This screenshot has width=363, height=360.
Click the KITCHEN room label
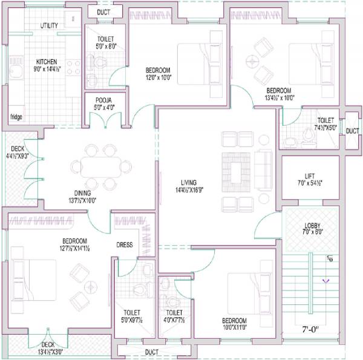[46, 62]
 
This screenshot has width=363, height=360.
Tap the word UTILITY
[50, 25]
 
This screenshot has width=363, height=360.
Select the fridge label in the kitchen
[16, 117]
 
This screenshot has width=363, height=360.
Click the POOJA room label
[102, 99]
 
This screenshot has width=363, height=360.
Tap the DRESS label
[125, 245]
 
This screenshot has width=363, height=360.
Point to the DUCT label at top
[103, 11]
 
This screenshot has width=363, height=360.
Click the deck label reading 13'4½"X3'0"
[51, 352]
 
